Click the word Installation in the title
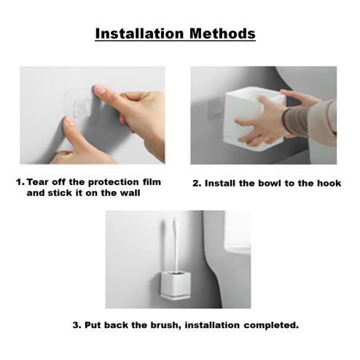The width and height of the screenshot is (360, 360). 139,34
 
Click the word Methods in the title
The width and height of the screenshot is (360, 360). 222,34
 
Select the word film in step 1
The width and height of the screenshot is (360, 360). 152,182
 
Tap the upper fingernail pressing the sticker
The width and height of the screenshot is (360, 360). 100,90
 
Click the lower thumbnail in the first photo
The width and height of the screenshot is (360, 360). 70,121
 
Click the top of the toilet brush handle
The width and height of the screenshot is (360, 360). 176,220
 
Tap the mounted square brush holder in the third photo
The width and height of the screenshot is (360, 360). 176,286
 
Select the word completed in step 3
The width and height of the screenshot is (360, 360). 271,325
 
